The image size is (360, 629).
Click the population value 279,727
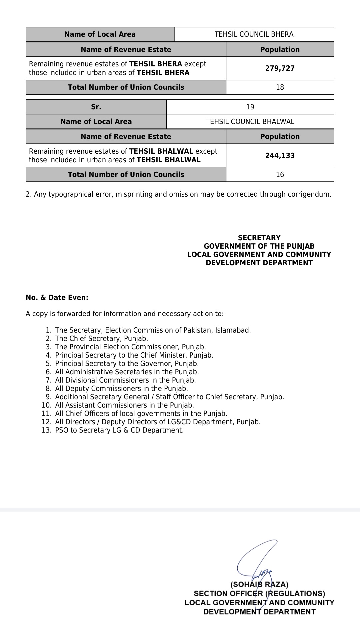click(280, 68)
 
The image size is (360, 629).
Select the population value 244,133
click(280, 155)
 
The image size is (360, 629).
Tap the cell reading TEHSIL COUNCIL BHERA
click(254, 34)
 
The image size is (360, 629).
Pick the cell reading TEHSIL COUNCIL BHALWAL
click(250, 122)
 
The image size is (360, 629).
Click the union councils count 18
click(280, 87)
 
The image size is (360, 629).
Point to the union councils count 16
click(280, 175)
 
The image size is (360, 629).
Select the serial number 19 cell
click(250, 107)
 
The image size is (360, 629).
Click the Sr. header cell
click(96, 107)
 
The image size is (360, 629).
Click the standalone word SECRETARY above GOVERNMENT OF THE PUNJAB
click(259, 238)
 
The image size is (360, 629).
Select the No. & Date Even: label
click(57, 298)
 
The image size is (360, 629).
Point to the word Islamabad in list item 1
click(232, 330)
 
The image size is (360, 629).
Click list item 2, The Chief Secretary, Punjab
click(101, 339)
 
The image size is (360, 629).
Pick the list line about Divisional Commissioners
click(125, 380)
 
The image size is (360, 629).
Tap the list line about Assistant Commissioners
click(124, 405)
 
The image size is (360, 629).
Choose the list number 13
click(46, 430)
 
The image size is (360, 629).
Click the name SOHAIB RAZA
click(259, 584)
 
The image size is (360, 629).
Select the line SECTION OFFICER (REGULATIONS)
click(259, 593)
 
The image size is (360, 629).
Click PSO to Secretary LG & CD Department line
click(119, 430)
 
